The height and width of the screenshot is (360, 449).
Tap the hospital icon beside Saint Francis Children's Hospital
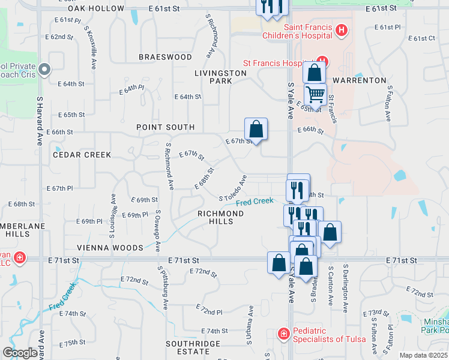pos(341,29)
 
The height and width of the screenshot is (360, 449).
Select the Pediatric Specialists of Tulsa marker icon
pos(283,333)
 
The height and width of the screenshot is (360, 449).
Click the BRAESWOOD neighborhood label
pos(166,57)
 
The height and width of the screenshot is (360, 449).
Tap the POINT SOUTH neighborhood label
pos(165,127)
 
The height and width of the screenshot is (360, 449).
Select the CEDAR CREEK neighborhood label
pos(82,155)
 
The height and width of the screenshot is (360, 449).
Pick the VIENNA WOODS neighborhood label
pos(110,247)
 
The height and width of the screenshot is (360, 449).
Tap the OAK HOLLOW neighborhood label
pos(96,8)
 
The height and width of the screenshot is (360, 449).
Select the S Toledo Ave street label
pos(234,188)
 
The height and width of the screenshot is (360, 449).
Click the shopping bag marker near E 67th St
pos(256,129)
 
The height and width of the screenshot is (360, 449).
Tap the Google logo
pos(20,353)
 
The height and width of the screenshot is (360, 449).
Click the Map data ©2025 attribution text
pos(423,355)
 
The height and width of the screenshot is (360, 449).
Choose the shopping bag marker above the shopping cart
pos(314,73)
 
